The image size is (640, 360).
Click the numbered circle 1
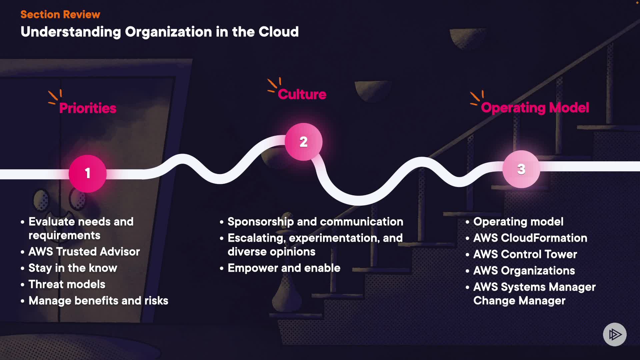click(88, 173)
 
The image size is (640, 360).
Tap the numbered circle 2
click(303, 142)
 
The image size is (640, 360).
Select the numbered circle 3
click(521, 169)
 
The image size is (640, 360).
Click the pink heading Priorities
click(88, 108)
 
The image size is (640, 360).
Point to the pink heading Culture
click(302, 94)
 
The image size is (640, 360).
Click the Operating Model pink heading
click(535, 108)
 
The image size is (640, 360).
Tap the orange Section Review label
click(60, 14)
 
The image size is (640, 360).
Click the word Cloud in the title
click(279, 32)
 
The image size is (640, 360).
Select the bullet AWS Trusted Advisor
click(84, 252)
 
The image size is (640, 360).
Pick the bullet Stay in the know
click(73, 268)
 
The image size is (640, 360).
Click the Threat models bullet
click(67, 284)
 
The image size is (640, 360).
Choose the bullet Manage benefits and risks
click(98, 301)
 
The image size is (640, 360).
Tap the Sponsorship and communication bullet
click(315, 222)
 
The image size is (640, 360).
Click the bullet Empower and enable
click(284, 268)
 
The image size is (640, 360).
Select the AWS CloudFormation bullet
click(530, 238)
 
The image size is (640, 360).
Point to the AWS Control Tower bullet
click(525, 254)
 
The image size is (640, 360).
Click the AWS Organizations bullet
click(524, 271)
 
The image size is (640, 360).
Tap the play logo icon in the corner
click(615, 334)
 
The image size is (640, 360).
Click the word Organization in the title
click(168, 32)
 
